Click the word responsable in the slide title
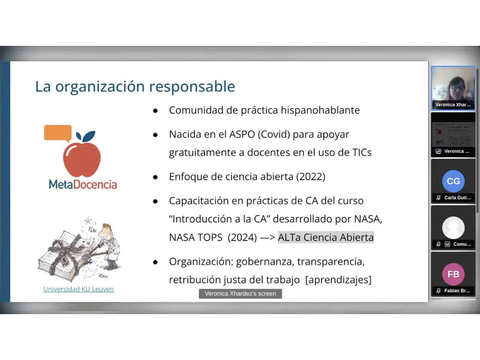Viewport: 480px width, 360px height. coord(192,87)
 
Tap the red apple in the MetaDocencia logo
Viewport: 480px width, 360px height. coord(82,159)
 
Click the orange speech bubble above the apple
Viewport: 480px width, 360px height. coord(58,133)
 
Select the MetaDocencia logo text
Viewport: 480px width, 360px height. coord(83,184)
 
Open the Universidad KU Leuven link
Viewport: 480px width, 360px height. coord(79,289)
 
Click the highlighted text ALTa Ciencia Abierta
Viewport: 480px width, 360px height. coord(326,237)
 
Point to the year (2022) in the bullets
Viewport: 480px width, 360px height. coord(310,177)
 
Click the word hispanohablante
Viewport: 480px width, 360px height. coord(320,110)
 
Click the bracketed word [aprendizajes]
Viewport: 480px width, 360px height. coord(338,280)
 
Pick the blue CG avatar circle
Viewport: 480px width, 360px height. coord(453,181)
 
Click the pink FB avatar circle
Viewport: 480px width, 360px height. coord(453,274)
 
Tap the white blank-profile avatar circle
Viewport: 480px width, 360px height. coord(453,228)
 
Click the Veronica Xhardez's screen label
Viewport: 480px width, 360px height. coord(240,294)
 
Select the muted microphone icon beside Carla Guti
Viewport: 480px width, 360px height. coord(438,198)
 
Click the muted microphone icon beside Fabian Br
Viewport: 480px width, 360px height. coord(438,291)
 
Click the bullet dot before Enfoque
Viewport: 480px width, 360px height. coord(155,177)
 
